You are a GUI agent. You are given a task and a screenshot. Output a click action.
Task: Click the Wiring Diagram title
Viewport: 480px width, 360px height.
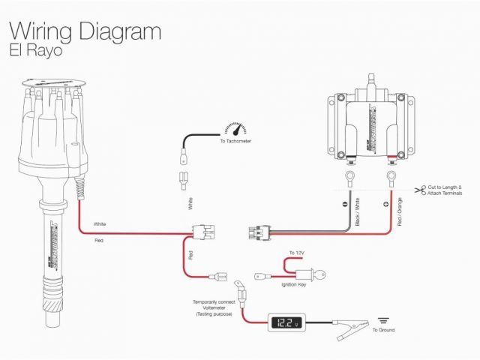[84, 31]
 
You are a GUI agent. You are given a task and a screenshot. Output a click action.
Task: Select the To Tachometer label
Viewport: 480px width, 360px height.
[235, 140]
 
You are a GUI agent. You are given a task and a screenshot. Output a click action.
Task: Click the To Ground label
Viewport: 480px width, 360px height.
[382, 330]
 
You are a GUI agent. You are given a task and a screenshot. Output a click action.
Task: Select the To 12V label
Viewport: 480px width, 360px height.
[298, 253]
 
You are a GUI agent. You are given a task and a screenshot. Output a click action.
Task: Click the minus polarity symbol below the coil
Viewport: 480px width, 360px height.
[346, 203]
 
